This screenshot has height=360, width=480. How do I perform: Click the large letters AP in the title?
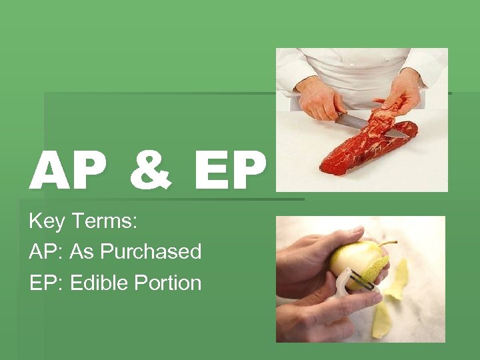(x=67, y=170)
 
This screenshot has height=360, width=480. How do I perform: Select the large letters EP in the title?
(x=230, y=170)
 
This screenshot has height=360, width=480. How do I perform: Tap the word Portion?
(x=167, y=283)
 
